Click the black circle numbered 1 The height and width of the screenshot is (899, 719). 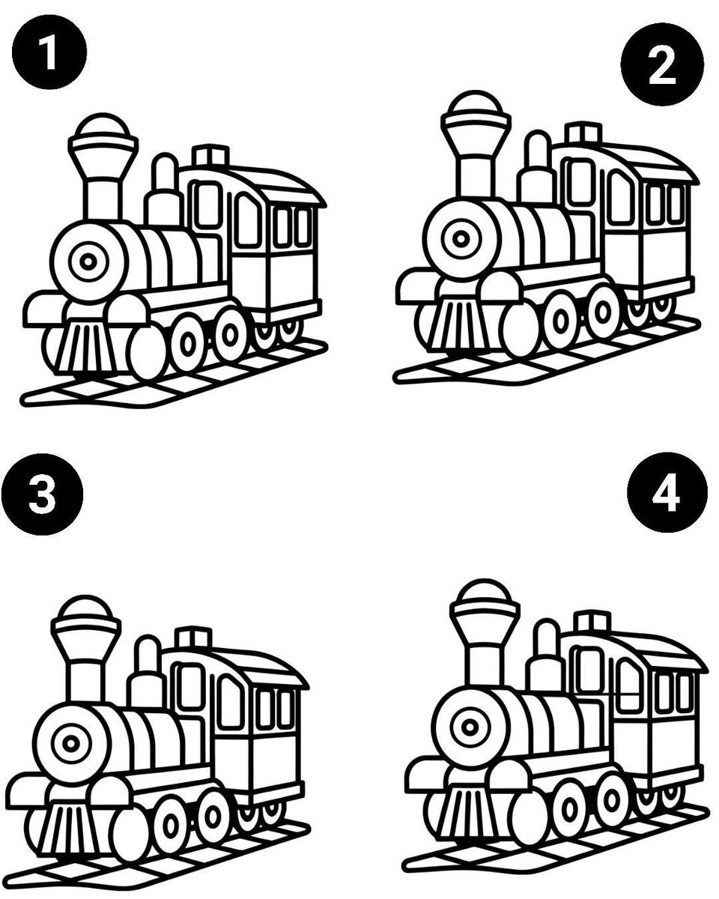click(49, 52)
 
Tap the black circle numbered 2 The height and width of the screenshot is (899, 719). click(662, 64)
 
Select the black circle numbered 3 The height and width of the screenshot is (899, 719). click(42, 494)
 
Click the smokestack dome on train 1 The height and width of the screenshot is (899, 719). click(103, 125)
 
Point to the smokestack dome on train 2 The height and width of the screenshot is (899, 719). click(475, 103)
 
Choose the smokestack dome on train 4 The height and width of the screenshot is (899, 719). click(485, 592)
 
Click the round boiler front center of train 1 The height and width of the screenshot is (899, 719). click(88, 262)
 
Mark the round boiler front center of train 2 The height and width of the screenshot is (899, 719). click(461, 239)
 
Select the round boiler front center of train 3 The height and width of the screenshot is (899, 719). click(71, 744)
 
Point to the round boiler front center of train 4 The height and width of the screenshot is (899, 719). click(470, 727)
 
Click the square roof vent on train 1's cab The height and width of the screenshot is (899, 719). click(210, 155)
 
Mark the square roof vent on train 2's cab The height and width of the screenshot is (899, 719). click(584, 133)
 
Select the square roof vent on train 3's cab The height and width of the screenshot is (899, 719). click(193, 638)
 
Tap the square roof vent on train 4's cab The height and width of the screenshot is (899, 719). click(593, 622)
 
